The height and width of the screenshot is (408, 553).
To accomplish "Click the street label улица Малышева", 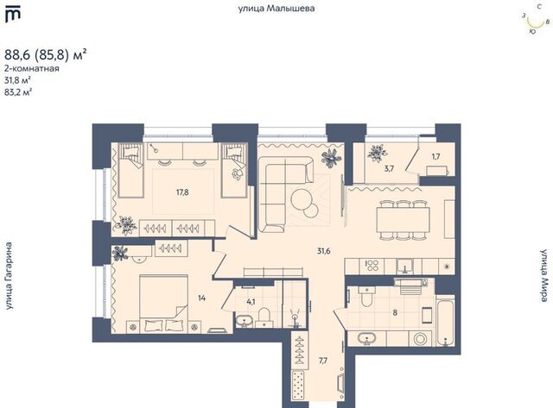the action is click(x=276, y=9).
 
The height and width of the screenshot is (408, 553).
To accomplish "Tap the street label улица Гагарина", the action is click(x=9, y=276).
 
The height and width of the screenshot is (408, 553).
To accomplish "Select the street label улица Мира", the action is click(x=545, y=276).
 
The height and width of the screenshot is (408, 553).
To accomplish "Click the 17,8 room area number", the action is click(x=182, y=191).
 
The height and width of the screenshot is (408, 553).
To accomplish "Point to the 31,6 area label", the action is click(x=324, y=251).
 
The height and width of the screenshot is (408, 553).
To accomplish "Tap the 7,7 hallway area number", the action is click(x=323, y=361).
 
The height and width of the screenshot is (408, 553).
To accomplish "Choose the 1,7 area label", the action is click(x=435, y=157).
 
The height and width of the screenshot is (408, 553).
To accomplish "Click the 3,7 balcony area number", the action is click(x=389, y=168).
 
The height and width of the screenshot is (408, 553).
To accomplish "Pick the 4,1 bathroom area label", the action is click(x=251, y=301).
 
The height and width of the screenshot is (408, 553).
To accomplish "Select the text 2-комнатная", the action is click(x=32, y=68).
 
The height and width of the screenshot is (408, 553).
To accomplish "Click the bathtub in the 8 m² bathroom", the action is click(x=446, y=322).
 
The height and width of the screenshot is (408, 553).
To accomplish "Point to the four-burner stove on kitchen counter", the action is click(x=372, y=266).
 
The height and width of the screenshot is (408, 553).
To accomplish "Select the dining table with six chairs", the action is click(x=403, y=220).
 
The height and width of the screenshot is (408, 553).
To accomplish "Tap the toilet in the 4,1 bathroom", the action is click(x=264, y=317).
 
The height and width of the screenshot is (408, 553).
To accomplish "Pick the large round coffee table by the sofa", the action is click(x=302, y=199).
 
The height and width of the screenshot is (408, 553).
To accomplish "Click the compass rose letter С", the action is click(x=539, y=6).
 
